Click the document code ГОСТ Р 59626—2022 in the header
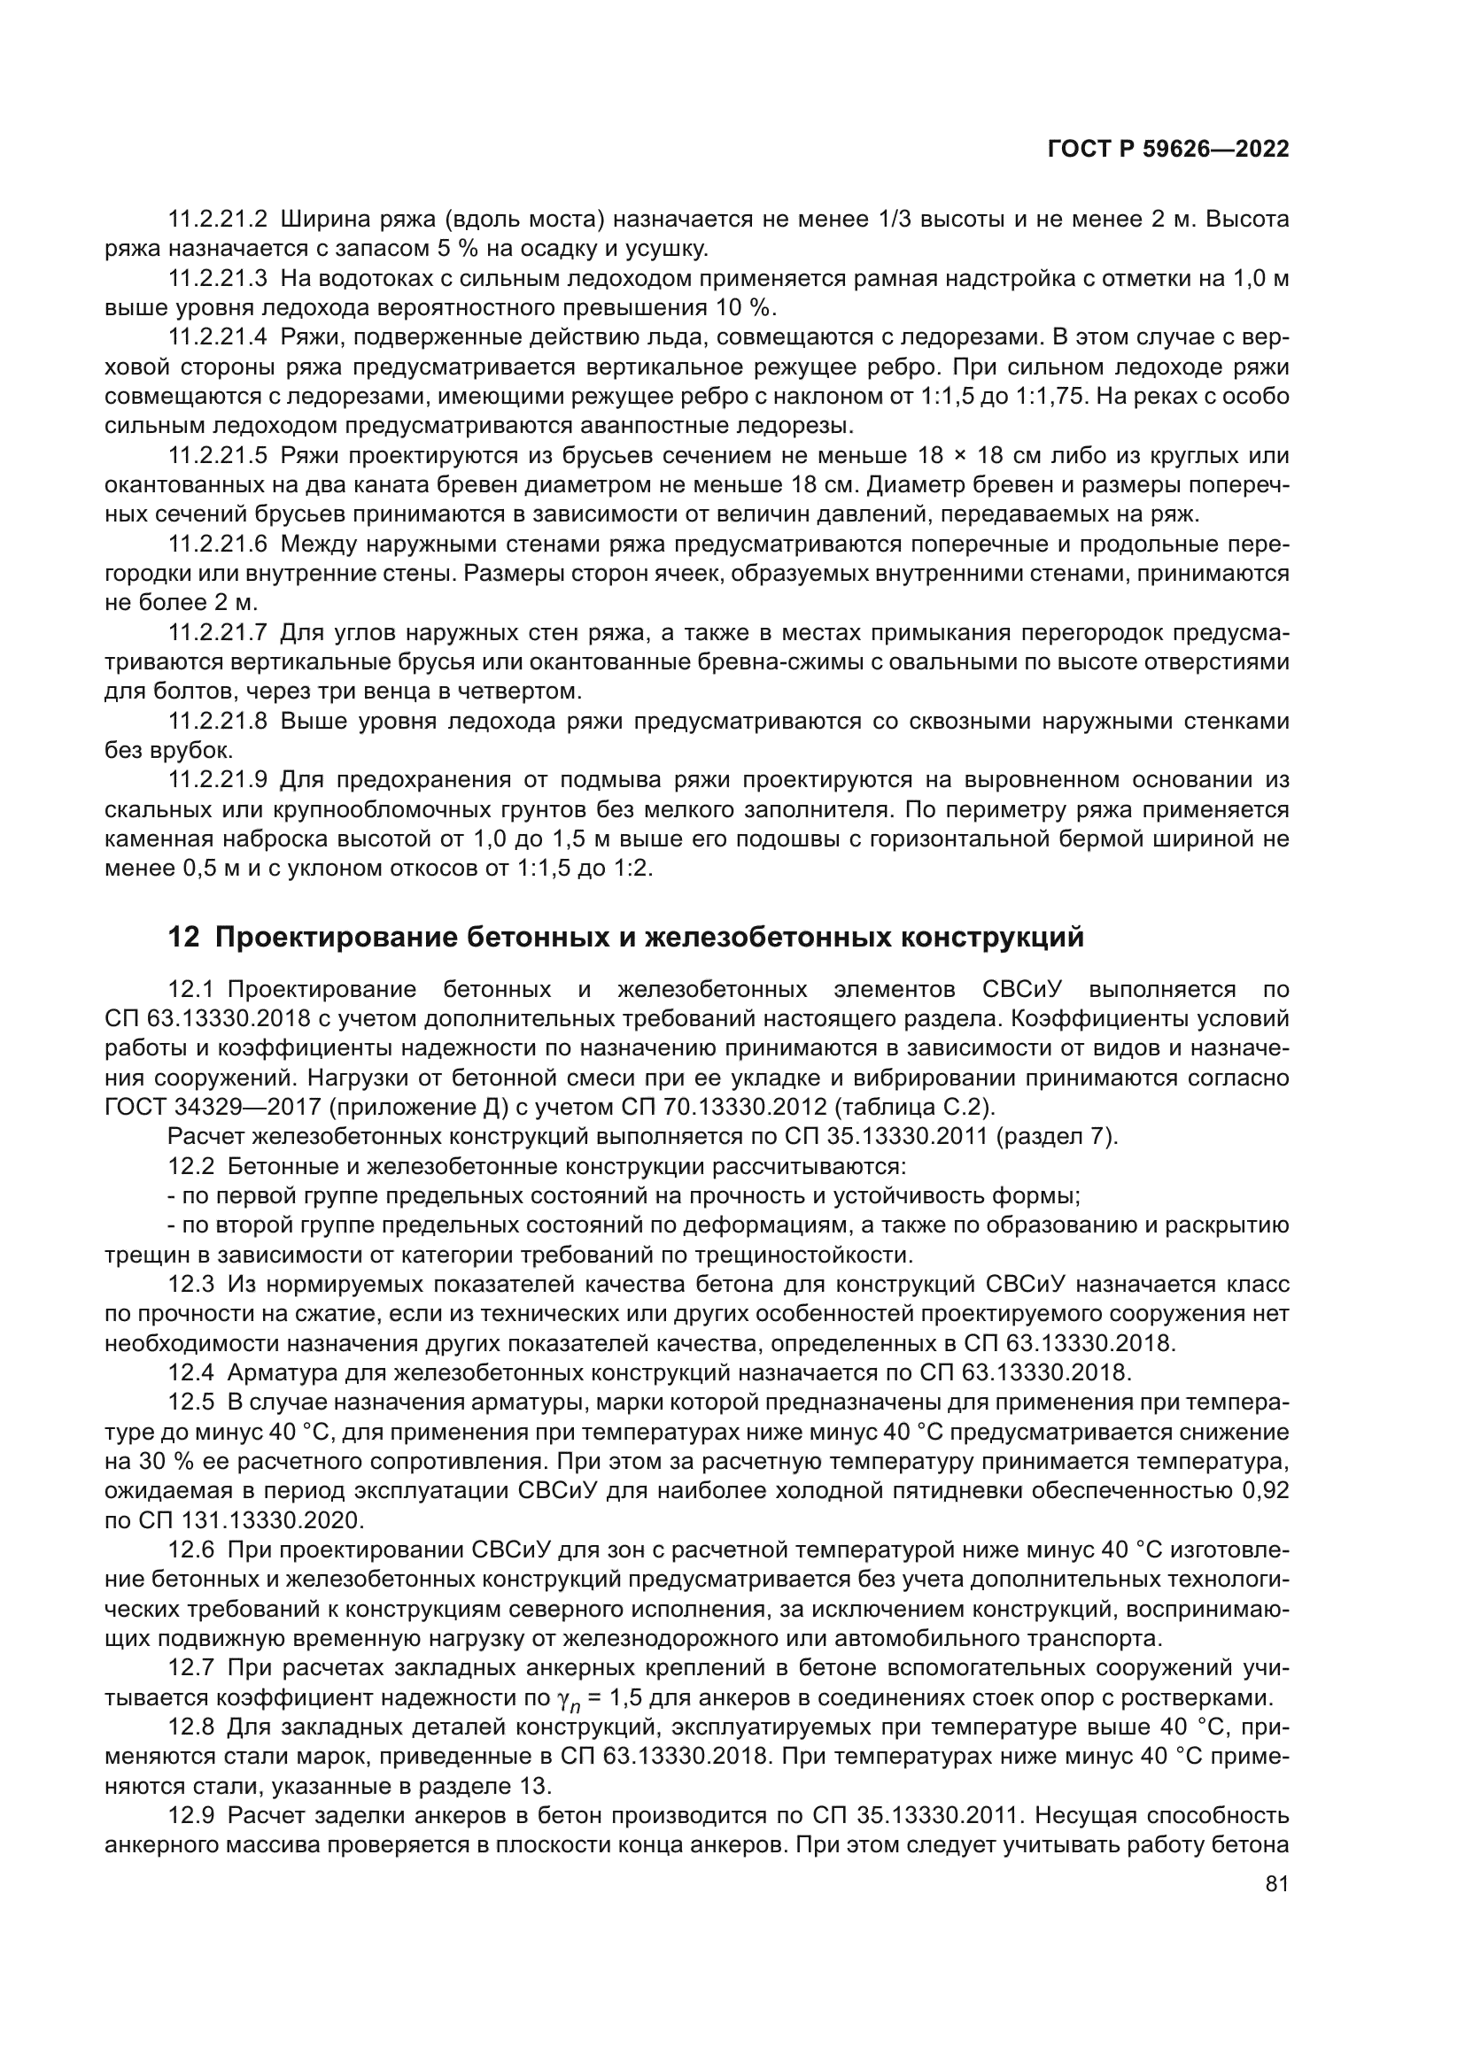pos(1167,150)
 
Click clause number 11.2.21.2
pos(218,220)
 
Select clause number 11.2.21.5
pos(218,455)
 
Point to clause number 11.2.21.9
pos(218,779)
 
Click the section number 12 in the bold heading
pos(183,938)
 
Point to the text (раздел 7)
pos(1056,1137)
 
